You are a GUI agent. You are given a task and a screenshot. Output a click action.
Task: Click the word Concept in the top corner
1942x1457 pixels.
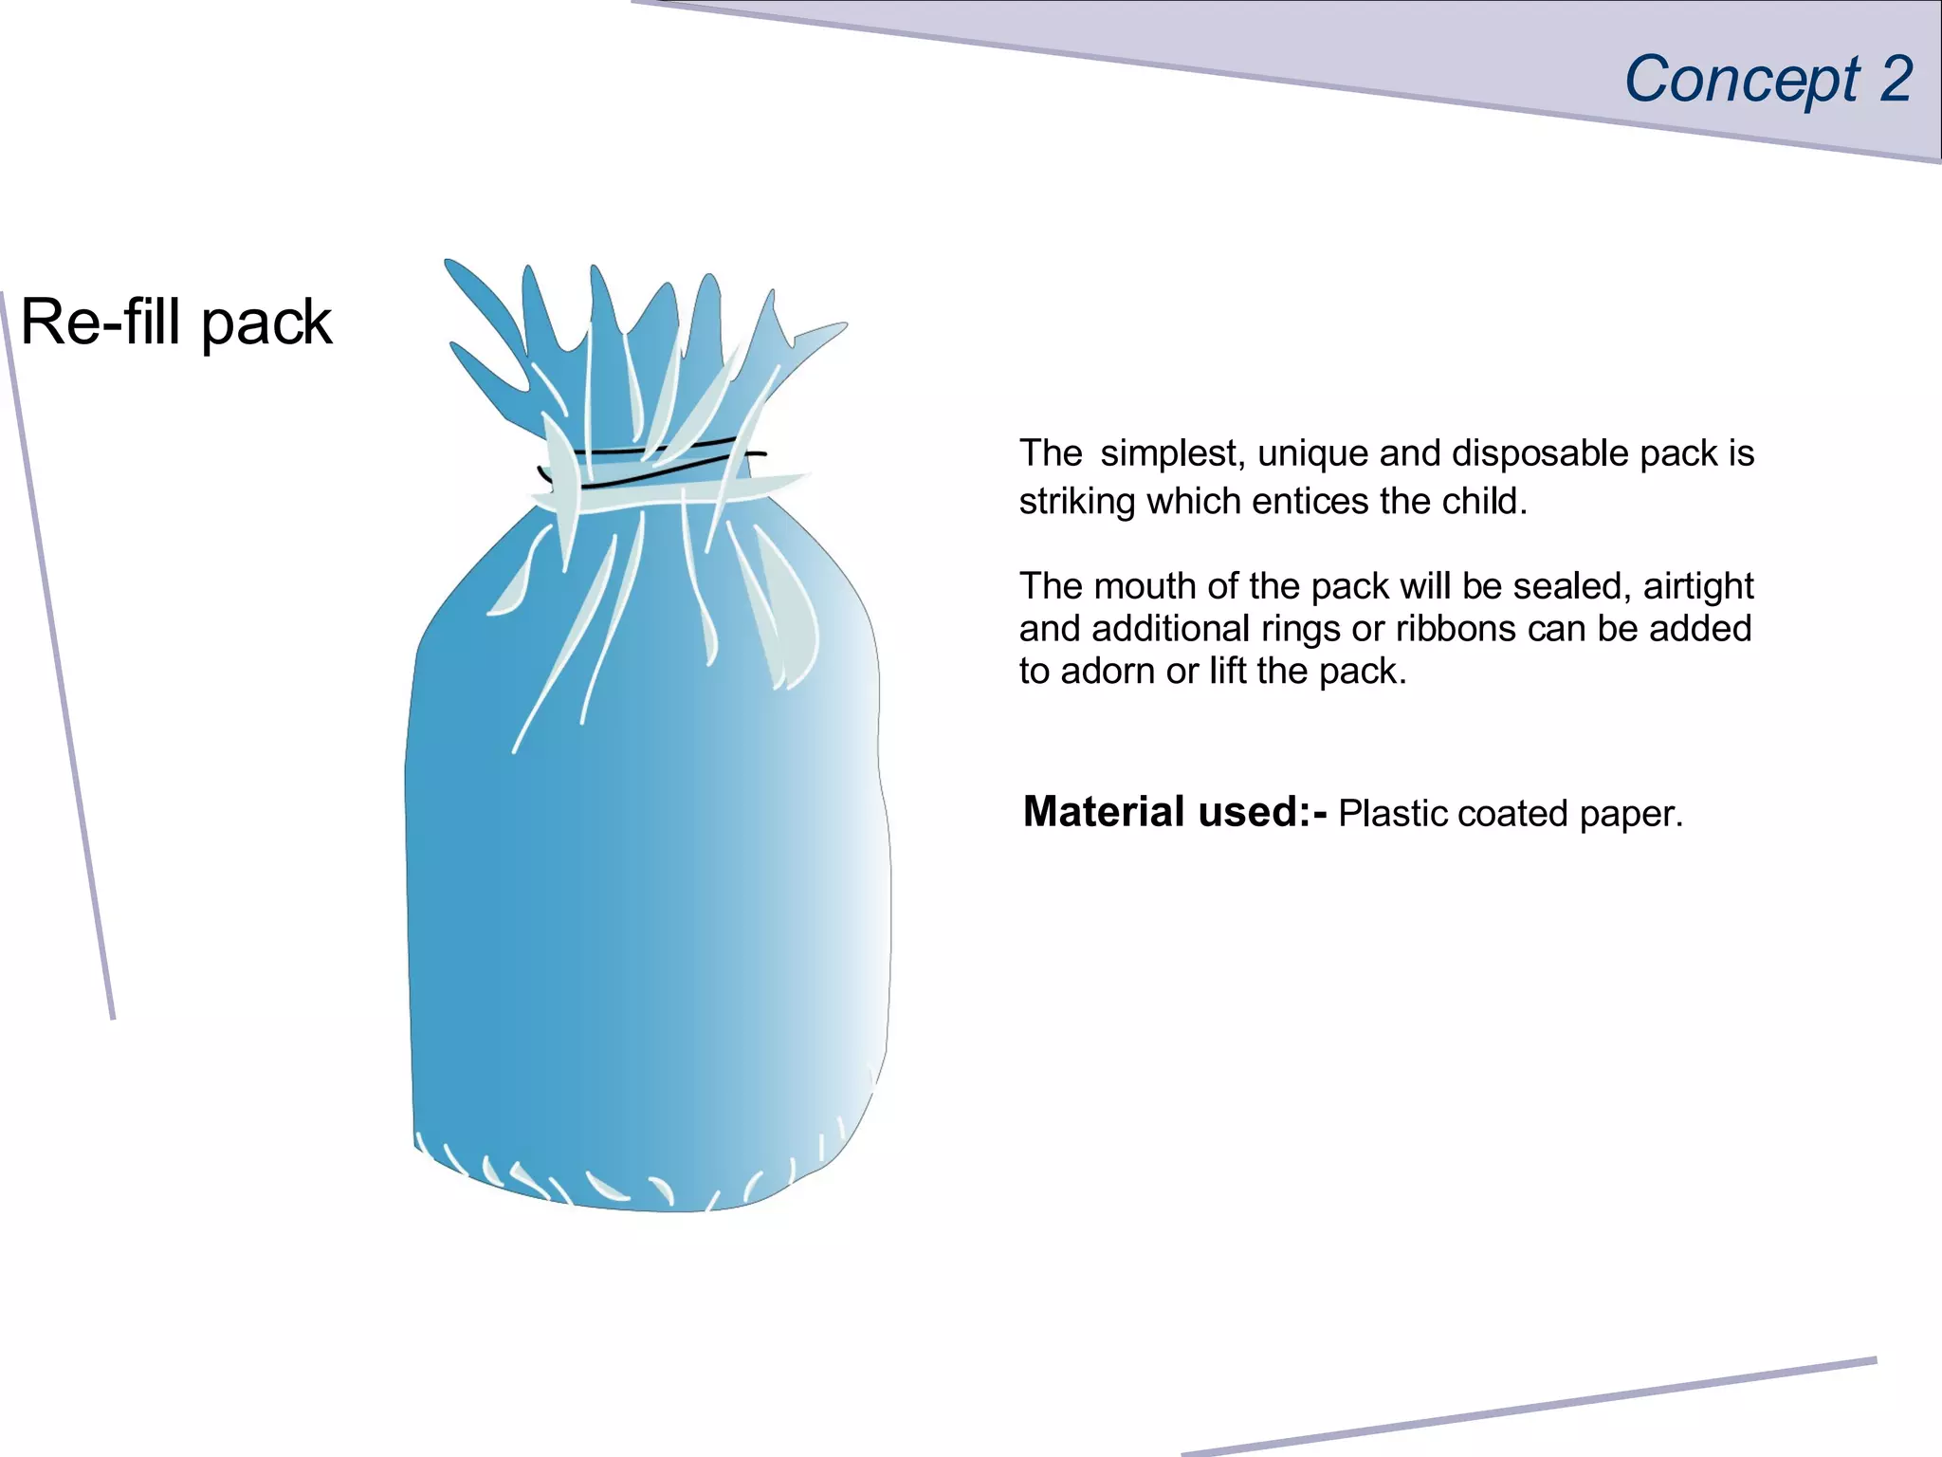pos(1741,80)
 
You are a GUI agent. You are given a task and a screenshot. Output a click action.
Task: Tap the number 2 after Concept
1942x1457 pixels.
pos(1896,78)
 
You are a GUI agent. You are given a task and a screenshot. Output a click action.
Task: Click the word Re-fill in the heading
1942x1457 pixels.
pos(100,322)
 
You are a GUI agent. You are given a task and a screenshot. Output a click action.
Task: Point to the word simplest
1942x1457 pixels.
pos(1168,454)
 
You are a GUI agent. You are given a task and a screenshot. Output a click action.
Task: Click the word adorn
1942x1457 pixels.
pos(1108,672)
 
